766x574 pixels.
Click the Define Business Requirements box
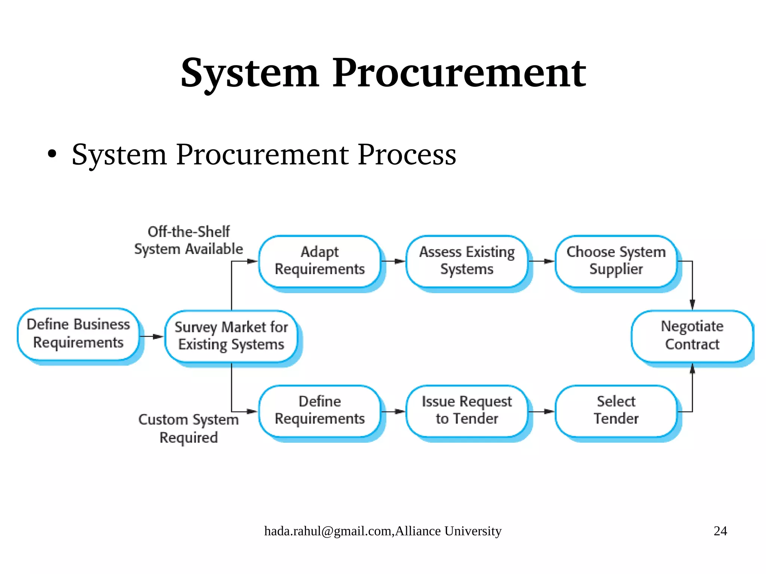point(78,334)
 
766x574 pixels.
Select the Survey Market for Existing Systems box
point(231,336)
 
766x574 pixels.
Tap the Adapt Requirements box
point(320,261)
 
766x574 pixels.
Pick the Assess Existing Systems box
point(467,261)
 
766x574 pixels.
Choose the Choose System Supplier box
point(616,261)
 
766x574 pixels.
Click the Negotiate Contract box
point(692,335)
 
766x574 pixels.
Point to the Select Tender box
point(616,411)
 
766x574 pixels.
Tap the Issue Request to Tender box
point(467,411)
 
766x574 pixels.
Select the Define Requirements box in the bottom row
point(320,411)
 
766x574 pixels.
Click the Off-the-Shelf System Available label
point(189,240)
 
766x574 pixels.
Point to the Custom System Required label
point(189,429)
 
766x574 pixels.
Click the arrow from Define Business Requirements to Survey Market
point(152,337)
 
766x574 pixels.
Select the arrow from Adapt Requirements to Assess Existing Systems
point(393,261)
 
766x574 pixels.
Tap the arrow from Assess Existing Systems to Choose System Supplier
point(541,261)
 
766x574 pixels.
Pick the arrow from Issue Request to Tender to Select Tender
point(541,412)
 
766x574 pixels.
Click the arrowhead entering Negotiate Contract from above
point(692,304)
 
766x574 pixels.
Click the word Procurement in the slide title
point(459,73)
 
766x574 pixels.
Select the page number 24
point(720,531)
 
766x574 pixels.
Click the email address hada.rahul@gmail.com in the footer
point(328,531)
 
